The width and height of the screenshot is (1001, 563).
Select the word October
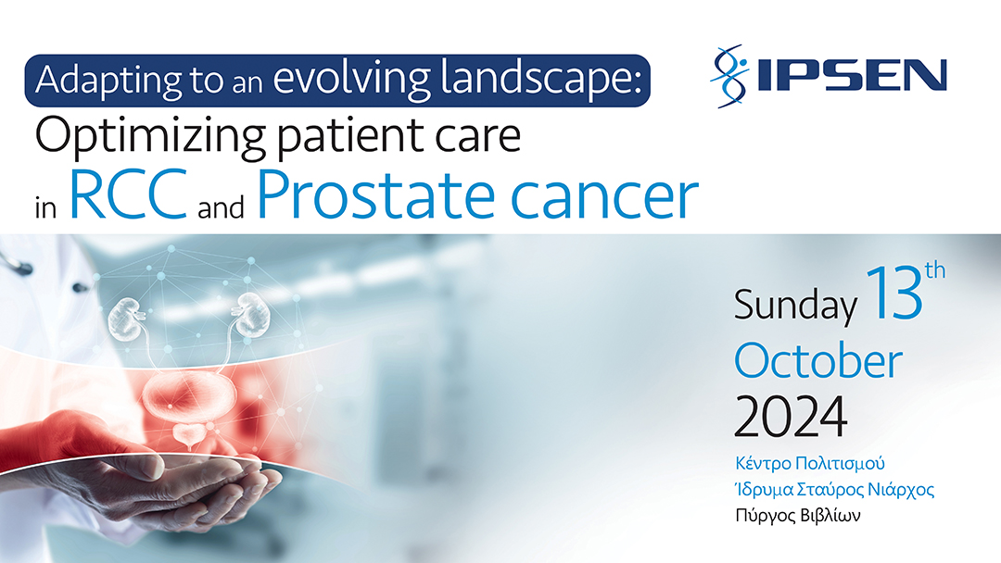point(817,361)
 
